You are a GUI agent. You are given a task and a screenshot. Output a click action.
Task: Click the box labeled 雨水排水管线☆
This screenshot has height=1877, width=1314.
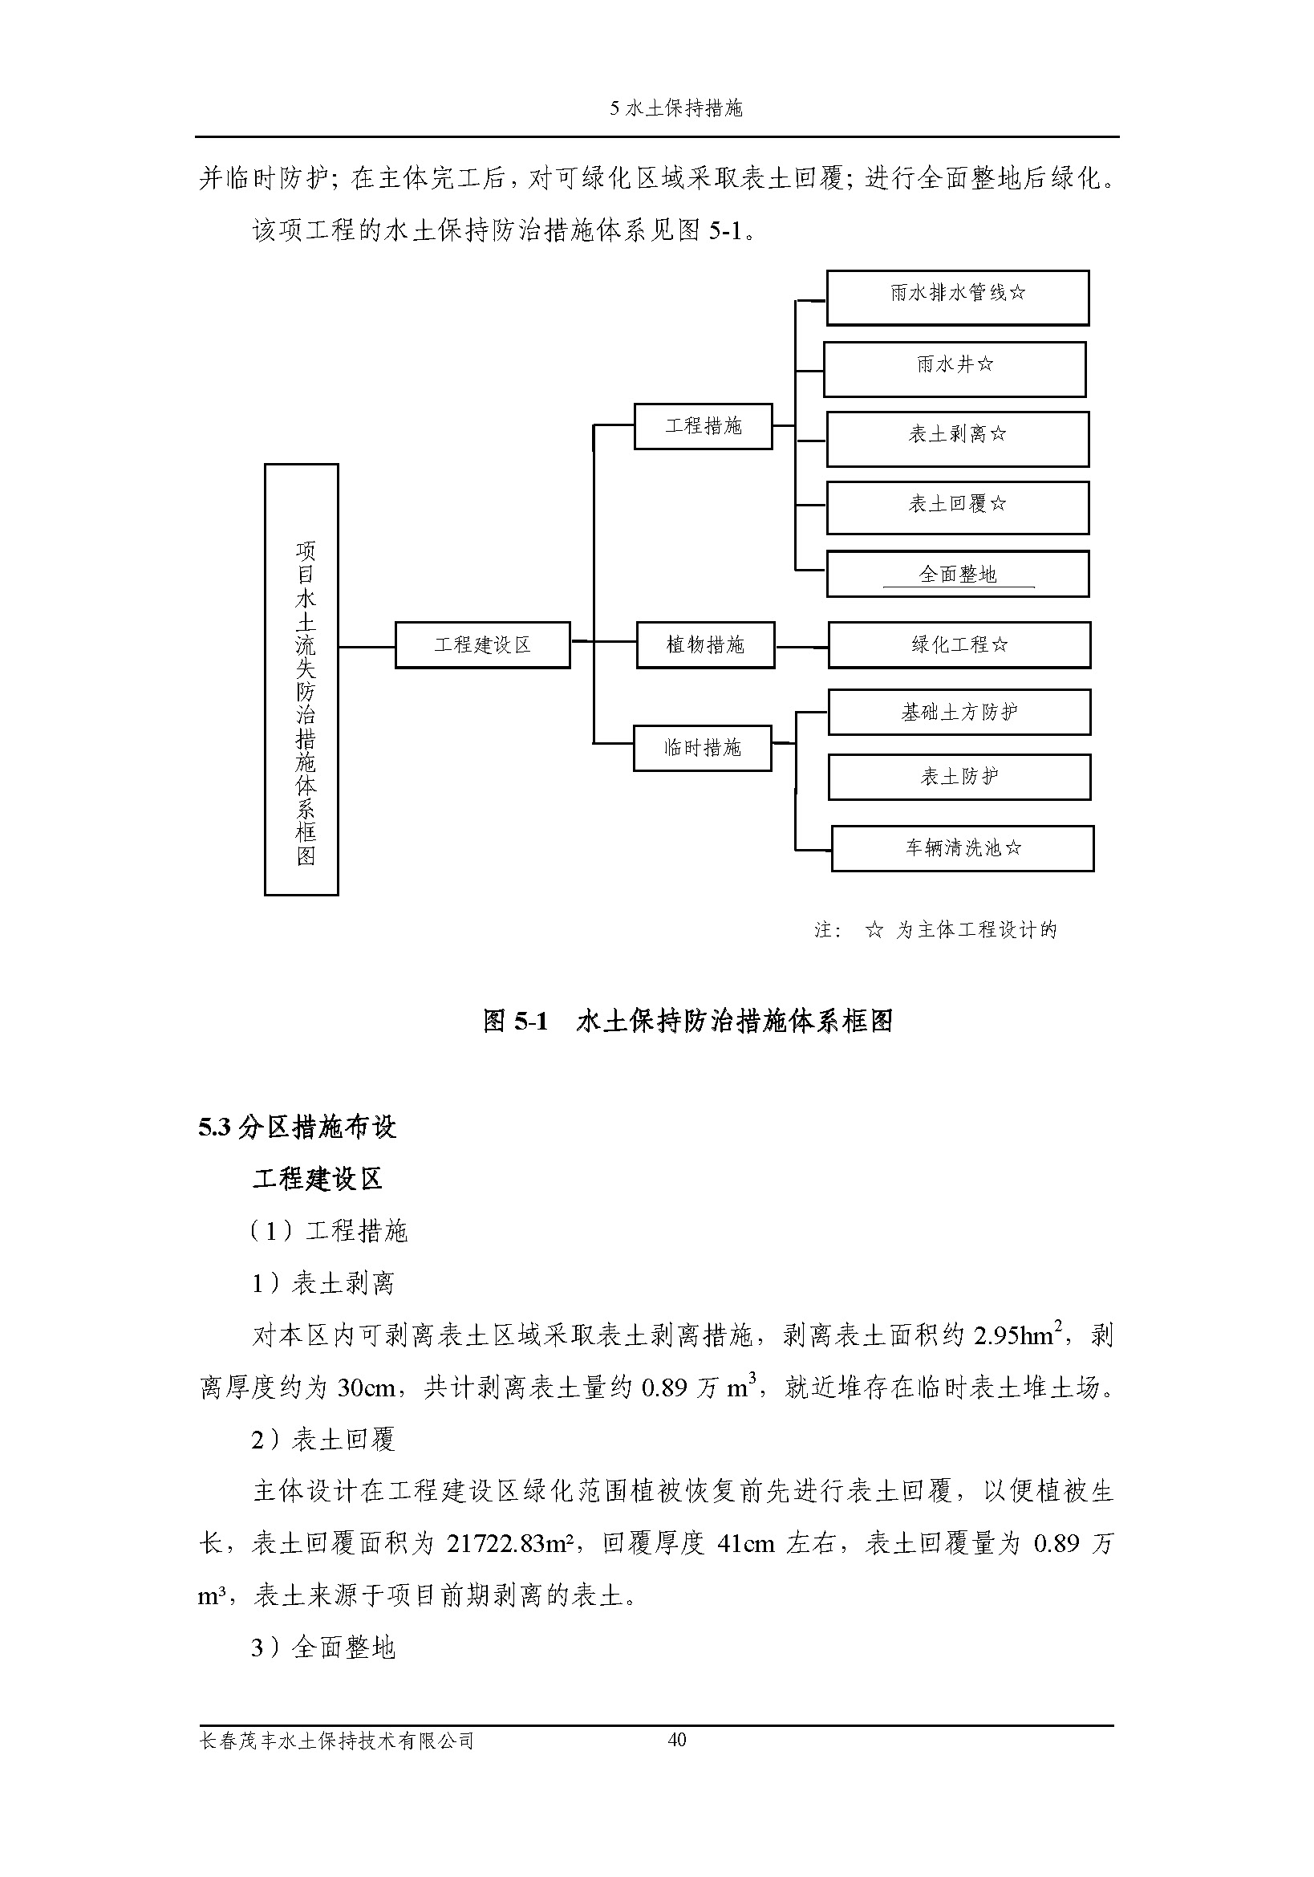[x=957, y=298]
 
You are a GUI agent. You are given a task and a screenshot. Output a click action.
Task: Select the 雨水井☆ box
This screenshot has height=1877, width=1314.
[x=954, y=368]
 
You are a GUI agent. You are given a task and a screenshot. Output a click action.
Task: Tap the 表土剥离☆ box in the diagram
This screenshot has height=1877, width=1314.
[x=957, y=439]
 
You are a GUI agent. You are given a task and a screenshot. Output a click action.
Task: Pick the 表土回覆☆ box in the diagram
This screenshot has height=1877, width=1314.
[x=957, y=508]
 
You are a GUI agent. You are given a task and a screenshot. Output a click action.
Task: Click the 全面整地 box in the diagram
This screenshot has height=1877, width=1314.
[x=957, y=574]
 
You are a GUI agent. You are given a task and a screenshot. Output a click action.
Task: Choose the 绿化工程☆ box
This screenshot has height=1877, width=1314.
[x=959, y=645]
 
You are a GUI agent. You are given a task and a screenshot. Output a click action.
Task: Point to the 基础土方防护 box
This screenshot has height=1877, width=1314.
[x=959, y=712]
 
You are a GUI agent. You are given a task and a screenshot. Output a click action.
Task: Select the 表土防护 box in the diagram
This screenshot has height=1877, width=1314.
[x=959, y=777]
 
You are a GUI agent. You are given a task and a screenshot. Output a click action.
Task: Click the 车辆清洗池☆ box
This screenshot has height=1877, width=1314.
[x=962, y=847]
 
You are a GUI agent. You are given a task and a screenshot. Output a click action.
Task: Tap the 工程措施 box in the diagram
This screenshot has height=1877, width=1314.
[x=703, y=426]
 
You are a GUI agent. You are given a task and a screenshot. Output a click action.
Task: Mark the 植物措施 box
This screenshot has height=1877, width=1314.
[x=705, y=645]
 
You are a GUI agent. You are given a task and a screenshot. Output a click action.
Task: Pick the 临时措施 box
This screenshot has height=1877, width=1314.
[x=702, y=748]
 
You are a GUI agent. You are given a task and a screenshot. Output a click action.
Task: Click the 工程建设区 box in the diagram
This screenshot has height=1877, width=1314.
[x=482, y=645]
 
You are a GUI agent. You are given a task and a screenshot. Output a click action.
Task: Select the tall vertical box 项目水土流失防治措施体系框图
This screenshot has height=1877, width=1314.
[x=302, y=680]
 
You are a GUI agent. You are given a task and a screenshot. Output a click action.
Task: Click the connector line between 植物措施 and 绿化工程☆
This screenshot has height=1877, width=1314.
[x=801, y=647]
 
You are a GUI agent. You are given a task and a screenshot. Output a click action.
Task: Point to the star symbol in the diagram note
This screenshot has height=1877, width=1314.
[x=874, y=930]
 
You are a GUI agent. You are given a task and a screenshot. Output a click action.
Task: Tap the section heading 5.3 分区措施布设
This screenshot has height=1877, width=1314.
[x=297, y=1127]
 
